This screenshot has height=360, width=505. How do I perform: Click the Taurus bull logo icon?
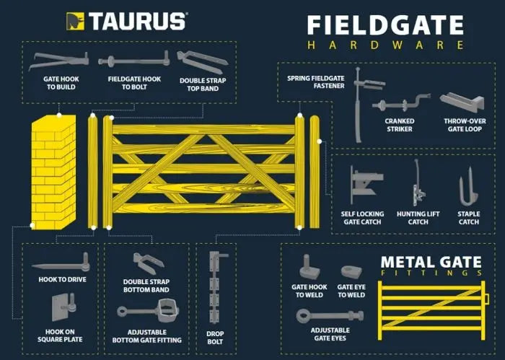[75, 21]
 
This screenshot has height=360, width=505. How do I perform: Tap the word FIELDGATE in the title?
[385, 25]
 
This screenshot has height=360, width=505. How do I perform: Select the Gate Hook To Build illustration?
[58, 61]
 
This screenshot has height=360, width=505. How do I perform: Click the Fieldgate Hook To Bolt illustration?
[134, 60]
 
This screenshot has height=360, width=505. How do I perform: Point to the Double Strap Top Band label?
[203, 84]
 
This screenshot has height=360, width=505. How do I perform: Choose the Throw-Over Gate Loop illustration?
[462, 102]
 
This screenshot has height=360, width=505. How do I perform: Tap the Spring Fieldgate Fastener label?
[316, 82]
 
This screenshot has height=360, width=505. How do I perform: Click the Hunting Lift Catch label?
[418, 218]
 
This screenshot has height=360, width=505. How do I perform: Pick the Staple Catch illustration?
[468, 187]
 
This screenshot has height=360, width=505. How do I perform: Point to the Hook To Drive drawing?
[61, 263]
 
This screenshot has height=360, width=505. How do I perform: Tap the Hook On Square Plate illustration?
[64, 307]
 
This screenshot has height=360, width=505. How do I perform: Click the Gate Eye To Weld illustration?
[351, 271]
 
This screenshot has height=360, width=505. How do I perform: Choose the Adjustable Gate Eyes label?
[330, 334]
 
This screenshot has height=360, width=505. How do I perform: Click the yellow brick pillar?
[54, 172]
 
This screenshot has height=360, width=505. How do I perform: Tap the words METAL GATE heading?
[431, 262]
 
